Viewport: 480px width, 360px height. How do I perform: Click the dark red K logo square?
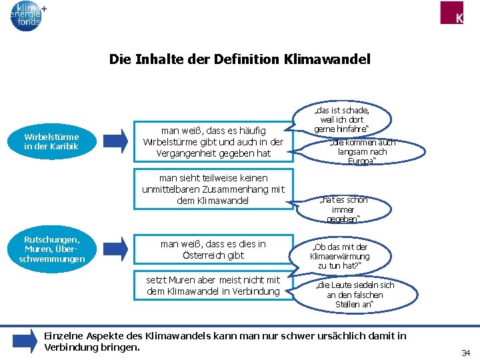coord(459,13)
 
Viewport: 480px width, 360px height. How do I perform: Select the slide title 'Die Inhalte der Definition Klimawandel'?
coord(239,59)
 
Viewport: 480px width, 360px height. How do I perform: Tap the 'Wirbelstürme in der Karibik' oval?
coord(52,141)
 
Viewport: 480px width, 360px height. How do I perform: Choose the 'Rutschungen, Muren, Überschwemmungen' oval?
coord(52,249)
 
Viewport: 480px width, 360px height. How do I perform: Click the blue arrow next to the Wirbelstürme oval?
coord(115,141)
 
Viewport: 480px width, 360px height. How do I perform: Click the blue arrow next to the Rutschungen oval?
coord(115,249)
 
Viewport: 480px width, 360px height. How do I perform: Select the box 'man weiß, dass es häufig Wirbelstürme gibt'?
coord(213,142)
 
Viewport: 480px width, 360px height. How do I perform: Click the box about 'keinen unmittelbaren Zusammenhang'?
coord(213,189)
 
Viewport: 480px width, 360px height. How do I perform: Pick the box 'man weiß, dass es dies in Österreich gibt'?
coord(213,249)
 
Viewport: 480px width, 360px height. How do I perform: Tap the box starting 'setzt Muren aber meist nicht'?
coord(213,285)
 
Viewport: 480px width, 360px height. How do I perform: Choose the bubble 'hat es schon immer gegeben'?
coord(343,209)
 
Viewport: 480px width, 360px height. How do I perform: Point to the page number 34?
coord(466,351)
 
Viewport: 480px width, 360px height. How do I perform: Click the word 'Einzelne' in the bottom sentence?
coord(65,335)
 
